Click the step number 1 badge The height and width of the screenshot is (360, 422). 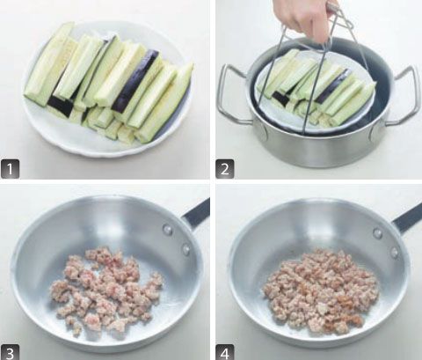(x=11, y=169)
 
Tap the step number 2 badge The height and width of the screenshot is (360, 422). (x=225, y=169)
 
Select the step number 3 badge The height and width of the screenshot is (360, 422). (x=10, y=352)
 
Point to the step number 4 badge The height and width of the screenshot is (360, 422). (x=225, y=352)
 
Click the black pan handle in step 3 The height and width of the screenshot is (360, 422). (x=196, y=213)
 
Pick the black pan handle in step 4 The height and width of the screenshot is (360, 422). (x=408, y=218)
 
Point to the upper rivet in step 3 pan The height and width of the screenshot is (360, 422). (x=168, y=230)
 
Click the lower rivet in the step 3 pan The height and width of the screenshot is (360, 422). (x=186, y=249)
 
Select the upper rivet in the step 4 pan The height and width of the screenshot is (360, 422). (x=377, y=233)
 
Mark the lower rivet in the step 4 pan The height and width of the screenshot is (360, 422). (x=395, y=253)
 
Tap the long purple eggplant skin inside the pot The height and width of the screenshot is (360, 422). (x=332, y=86)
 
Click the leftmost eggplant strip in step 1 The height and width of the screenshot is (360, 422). (x=48, y=63)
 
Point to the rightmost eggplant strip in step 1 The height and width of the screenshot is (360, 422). (x=164, y=103)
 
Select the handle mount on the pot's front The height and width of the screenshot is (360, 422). (x=261, y=133)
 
